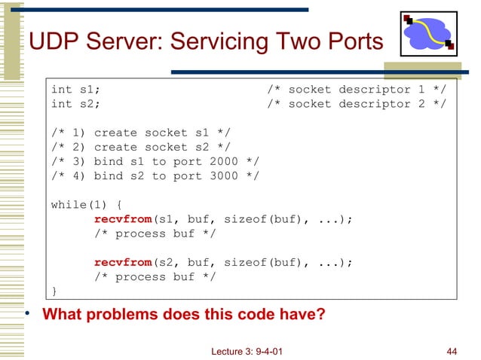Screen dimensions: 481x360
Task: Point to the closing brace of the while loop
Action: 54,291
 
